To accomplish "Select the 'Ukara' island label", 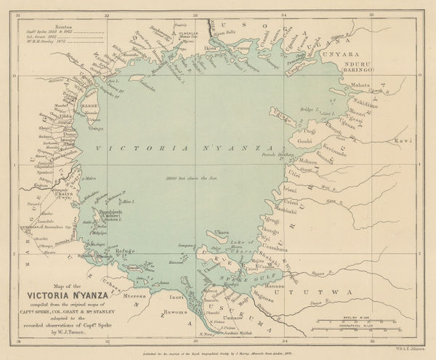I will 225,232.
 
